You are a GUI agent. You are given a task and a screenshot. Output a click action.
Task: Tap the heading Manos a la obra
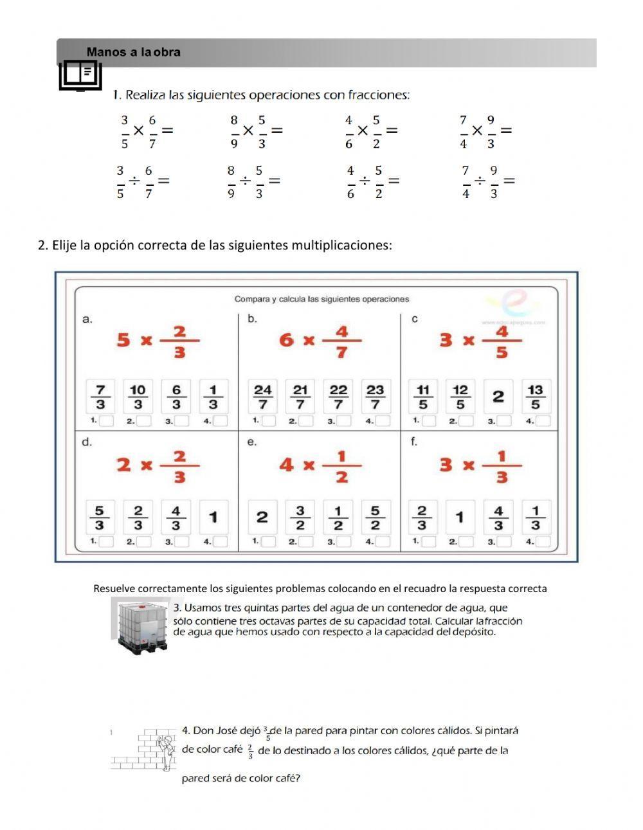click(x=134, y=53)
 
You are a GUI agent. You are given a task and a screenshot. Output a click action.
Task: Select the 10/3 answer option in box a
click(x=138, y=397)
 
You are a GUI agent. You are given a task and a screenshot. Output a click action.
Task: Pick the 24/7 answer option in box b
click(x=262, y=397)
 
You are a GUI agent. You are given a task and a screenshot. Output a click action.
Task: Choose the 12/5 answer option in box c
click(x=460, y=397)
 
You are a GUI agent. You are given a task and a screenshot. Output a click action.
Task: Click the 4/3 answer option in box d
click(x=176, y=518)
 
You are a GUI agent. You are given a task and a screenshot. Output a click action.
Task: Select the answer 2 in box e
click(x=262, y=517)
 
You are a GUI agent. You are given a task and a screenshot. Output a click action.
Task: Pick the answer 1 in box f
click(x=460, y=517)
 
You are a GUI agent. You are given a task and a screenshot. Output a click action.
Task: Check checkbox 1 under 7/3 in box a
click(x=107, y=421)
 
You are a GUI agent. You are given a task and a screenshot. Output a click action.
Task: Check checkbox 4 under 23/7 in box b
click(x=383, y=421)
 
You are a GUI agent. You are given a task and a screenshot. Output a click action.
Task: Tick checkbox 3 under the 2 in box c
click(x=504, y=421)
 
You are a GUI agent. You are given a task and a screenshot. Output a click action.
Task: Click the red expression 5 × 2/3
click(x=158, y=341)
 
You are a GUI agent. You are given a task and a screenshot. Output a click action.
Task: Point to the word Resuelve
click(x=114, y=588)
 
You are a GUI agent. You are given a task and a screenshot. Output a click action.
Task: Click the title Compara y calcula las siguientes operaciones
click(x=321, y=299)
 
